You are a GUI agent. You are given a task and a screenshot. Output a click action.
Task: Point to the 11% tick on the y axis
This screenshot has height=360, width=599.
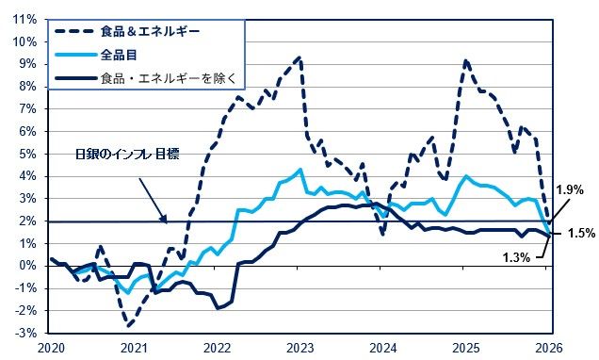(25, 19)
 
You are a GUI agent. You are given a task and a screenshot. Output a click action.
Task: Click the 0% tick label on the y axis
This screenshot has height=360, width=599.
(28, 266)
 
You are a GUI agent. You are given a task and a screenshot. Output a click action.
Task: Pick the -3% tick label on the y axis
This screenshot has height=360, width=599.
(26, 334)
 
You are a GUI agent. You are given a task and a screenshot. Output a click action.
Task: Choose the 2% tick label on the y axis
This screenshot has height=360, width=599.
(28, 221)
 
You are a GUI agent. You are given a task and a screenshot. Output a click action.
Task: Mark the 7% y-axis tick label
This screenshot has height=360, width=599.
(28, 108)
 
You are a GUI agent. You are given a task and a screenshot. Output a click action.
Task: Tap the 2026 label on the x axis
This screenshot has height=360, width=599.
(550, 350)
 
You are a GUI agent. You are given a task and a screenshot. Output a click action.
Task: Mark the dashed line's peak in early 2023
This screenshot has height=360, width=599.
(299, 57)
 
